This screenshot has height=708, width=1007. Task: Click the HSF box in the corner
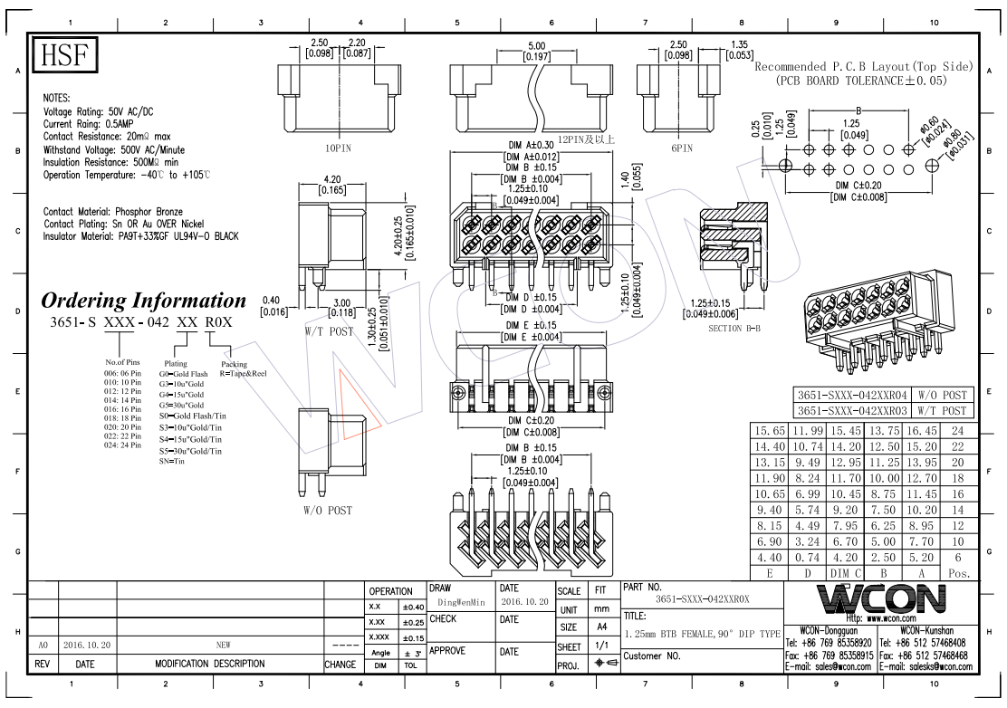point(65,56)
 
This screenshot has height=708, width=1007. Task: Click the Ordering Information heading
point(144,301)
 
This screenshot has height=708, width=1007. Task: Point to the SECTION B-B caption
point(737,329)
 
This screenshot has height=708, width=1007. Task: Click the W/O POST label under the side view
point(328,511)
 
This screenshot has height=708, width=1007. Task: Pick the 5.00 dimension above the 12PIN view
point(536,45)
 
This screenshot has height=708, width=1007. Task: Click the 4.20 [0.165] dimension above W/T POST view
point(331,185)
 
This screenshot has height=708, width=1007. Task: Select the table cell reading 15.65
point(770,430)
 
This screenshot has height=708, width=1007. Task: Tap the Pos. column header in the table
point(958,573)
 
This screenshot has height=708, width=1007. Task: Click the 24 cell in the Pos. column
point(958,430)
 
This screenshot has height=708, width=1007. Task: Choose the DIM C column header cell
point(846,573)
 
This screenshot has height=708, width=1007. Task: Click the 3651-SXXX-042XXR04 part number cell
point(851,396)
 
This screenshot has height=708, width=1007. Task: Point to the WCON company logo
point(878,598)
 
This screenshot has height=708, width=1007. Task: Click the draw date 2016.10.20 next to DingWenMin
point(524,601)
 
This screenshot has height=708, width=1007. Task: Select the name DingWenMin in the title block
point(461,601)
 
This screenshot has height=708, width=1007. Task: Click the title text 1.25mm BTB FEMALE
point(702,634)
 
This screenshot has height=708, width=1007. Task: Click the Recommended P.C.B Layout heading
point(863,66)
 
